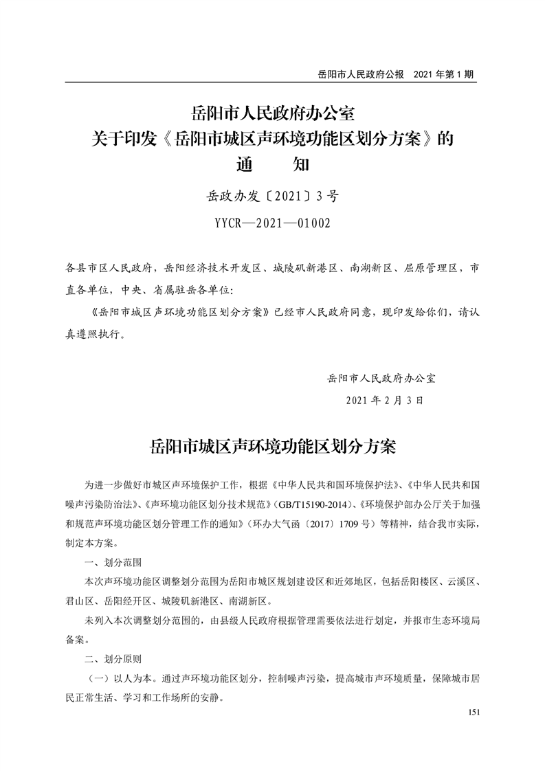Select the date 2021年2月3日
pos(385,399)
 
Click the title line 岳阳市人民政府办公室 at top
pos(272,110)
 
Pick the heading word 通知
pos(272,166)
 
